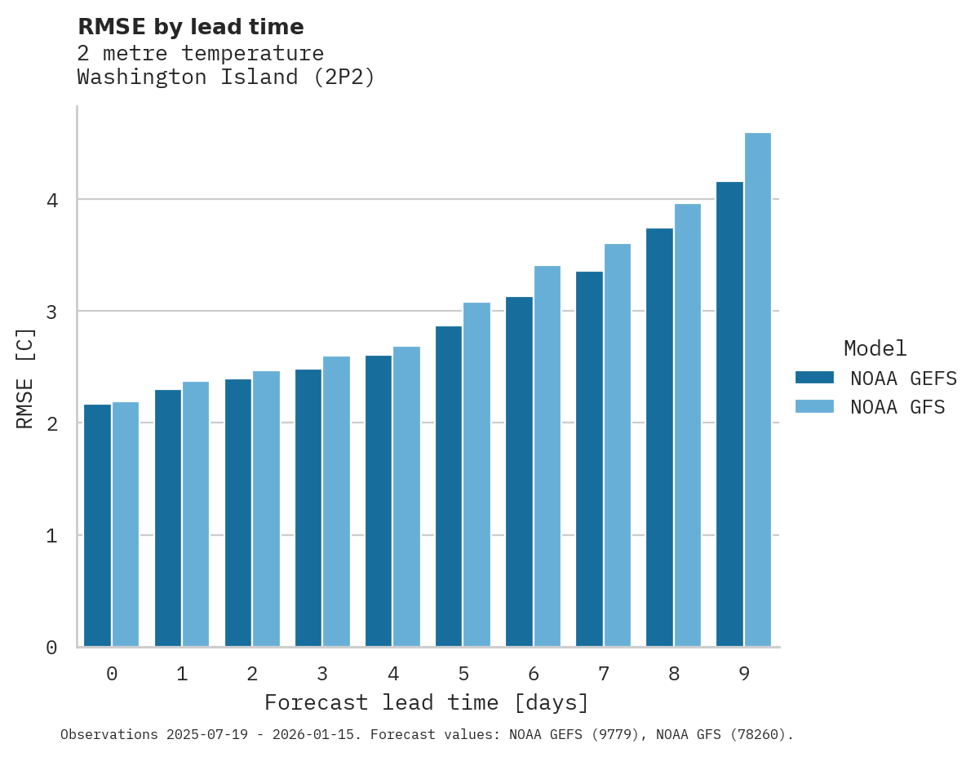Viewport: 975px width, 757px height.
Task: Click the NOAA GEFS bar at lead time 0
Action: [98, 525]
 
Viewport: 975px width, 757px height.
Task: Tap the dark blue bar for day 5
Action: [449, 486]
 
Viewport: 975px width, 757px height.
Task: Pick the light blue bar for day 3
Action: [336, 502]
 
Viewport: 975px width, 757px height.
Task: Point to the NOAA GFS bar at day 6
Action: [547, 456]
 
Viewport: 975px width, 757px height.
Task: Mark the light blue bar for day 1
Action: [196, 514]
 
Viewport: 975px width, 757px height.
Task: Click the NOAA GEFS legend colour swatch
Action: [814, 378]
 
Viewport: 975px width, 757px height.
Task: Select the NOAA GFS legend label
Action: [897, 407]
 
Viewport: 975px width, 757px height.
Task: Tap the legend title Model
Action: [875, 348]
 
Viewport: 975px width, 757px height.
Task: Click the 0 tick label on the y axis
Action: [51, 648]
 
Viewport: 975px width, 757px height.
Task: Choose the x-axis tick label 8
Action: [674, 674]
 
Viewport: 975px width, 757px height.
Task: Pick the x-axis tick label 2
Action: [252, 674]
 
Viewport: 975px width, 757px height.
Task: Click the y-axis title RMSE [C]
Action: [25, 377]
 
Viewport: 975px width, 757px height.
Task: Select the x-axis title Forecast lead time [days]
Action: [426, 702]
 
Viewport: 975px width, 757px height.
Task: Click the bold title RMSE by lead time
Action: [190, 27]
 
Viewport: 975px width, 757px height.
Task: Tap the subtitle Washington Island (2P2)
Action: [226, 77]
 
